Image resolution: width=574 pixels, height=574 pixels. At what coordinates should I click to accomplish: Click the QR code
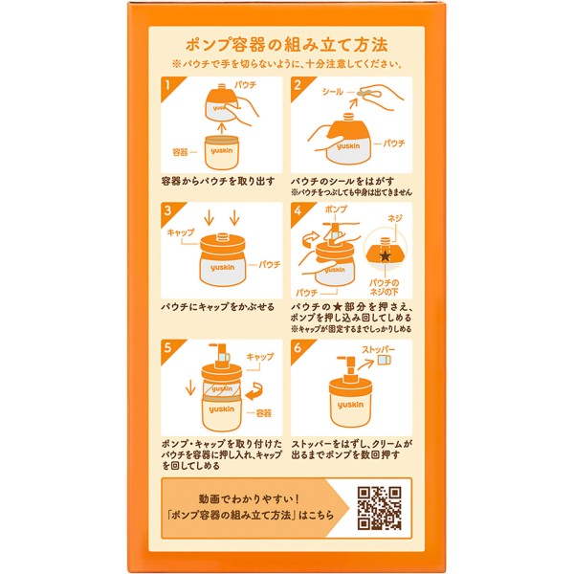click(380, 508)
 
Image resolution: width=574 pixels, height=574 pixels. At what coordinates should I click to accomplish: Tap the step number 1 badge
click(169, 86)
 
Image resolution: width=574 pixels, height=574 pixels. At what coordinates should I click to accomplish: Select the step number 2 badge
click(298, 86)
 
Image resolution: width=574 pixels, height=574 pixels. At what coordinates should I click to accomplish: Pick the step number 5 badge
click(169, 348)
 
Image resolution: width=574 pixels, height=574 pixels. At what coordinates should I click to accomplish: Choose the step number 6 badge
click(298, 348)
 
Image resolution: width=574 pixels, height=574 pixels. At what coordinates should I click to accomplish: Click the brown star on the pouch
click(385, 255)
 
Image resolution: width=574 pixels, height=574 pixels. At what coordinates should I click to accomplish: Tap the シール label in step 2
click(332, 92)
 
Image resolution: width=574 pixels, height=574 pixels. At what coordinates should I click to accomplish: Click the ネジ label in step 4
click(395, 218)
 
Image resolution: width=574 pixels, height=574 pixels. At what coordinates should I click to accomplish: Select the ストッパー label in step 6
click(379, 349)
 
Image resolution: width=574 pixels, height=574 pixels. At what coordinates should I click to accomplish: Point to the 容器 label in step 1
click(180, 151)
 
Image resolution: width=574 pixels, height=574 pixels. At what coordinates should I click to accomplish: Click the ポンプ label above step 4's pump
click(336, 210)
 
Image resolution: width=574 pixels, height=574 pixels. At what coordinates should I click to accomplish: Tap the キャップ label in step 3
click(181, 232)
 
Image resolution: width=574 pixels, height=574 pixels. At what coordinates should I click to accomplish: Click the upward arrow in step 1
click(221, 128)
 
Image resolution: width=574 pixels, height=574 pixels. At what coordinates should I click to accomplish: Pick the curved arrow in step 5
click(255, 391)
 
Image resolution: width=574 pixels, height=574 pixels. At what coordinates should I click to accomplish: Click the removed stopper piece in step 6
click(384, 360)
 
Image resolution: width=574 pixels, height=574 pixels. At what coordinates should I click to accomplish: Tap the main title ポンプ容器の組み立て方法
click(286, 45)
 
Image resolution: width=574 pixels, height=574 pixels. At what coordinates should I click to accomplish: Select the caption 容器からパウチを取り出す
click(218, 181)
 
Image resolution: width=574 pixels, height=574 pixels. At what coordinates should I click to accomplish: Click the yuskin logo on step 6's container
click(350, 405)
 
